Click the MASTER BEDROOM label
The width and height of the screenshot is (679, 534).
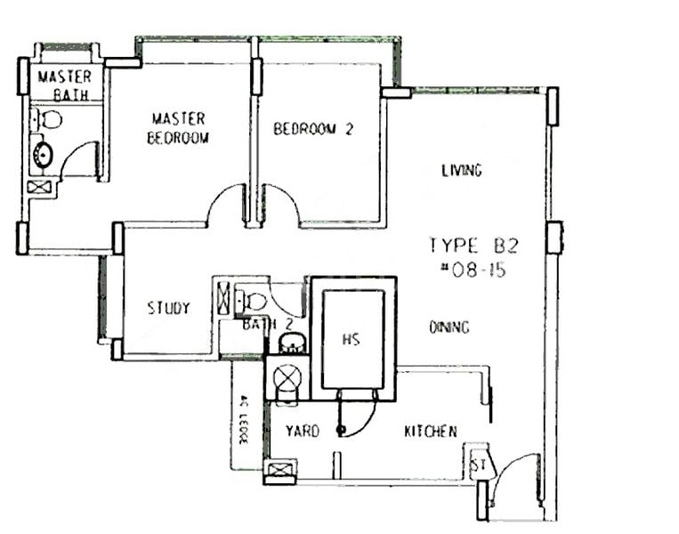click(178, 128)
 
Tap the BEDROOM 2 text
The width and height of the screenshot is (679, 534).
click(312, 129)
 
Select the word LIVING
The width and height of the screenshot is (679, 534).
click(461, 170)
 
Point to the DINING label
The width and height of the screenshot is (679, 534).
click(449, 328)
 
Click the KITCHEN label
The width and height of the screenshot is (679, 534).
click(431, 432)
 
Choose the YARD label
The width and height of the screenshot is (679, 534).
click(302, 432)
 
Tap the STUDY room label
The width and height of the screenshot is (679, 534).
click(168, 309)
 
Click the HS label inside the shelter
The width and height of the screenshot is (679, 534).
click(350, 339)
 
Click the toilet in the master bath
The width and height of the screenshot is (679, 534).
click(49, 118)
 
